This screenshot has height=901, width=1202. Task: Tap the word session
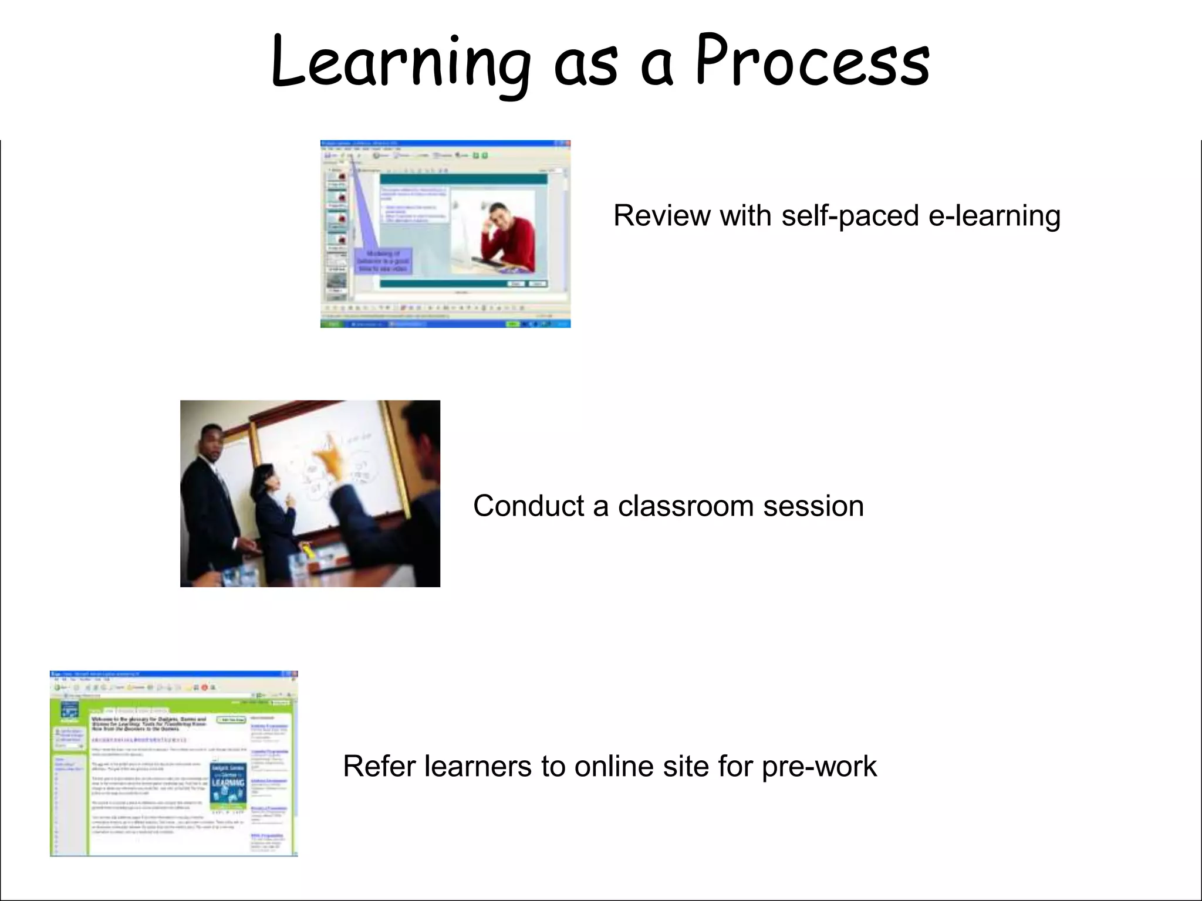pyautogui.click(x=813, y=506)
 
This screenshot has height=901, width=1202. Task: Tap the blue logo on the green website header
pyautogui.click(x=70, y=710)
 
